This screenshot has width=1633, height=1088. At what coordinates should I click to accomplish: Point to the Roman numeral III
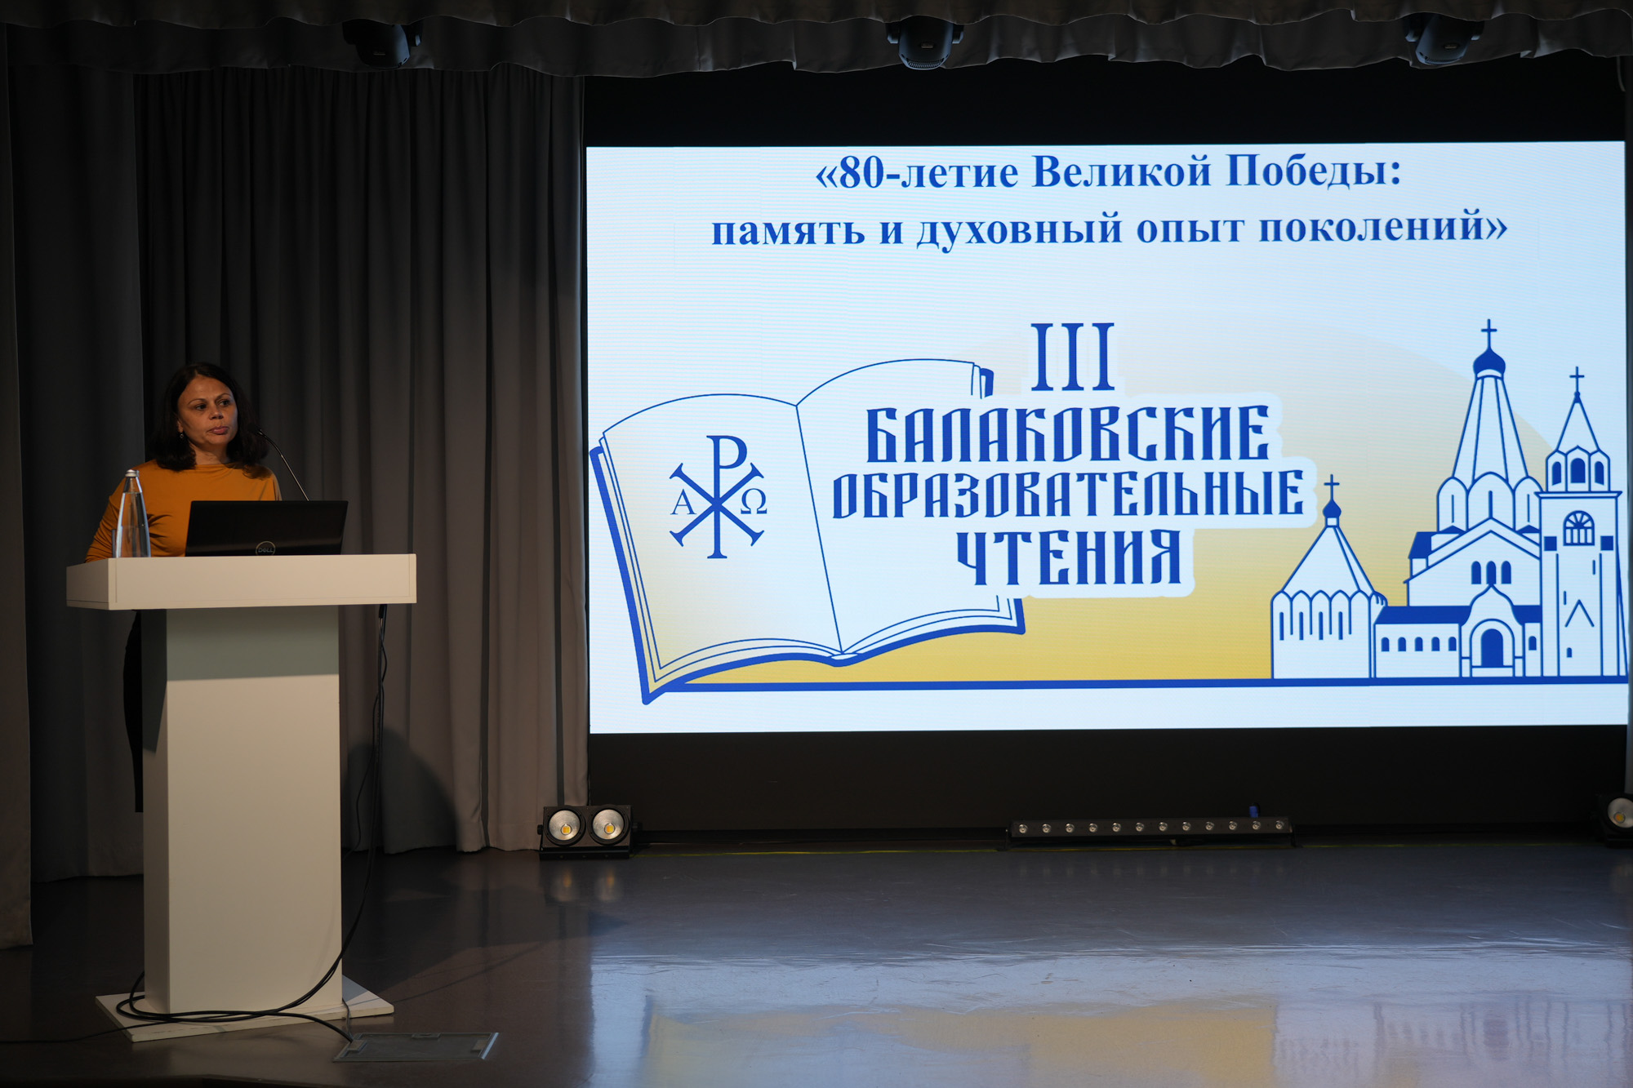[1073, 357]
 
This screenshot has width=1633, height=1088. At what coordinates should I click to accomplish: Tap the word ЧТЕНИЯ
[1069, 557]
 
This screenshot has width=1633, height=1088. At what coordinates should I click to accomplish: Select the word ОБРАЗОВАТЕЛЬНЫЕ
[1067, 495]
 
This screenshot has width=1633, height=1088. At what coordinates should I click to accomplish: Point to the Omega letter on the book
[753, 503]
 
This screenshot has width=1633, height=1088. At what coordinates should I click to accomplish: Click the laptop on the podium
[266, 528]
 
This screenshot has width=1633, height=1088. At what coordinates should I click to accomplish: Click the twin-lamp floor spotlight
[586, 829]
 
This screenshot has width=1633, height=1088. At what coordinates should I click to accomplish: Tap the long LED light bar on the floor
[1150, 830]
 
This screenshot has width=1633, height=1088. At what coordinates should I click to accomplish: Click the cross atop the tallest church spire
[1489, 333]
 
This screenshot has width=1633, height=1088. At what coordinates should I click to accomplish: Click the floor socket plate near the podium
[416, 1046]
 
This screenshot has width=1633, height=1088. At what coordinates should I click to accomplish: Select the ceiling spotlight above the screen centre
[925, 42]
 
